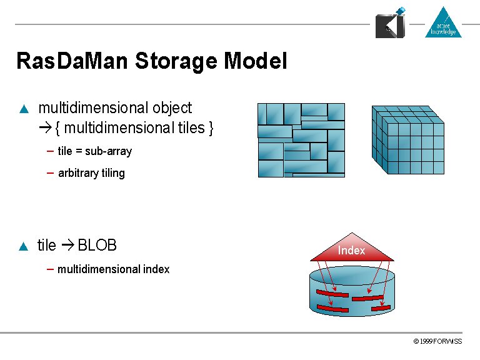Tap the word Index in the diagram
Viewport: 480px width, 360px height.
(x=352, y=251)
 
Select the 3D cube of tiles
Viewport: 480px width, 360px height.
(x=408, y=139)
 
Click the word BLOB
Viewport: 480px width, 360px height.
(x=97, y=246)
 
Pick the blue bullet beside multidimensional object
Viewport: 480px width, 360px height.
(x=24, y=109)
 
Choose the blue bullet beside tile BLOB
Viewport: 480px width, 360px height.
(x=24, y=246)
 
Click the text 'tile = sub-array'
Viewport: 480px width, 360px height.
(x=94, y=151)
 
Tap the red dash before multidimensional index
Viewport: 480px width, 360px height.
(x=50, y=269)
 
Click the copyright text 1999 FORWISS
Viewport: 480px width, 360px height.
(x=437, y=342)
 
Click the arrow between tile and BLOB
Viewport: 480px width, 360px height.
(x=67, y=246)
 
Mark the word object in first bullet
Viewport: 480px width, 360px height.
(x=172, y=108)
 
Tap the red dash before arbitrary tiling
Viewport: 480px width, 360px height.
(x=50, y=172)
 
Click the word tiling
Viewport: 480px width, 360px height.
(x=113, y=173)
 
